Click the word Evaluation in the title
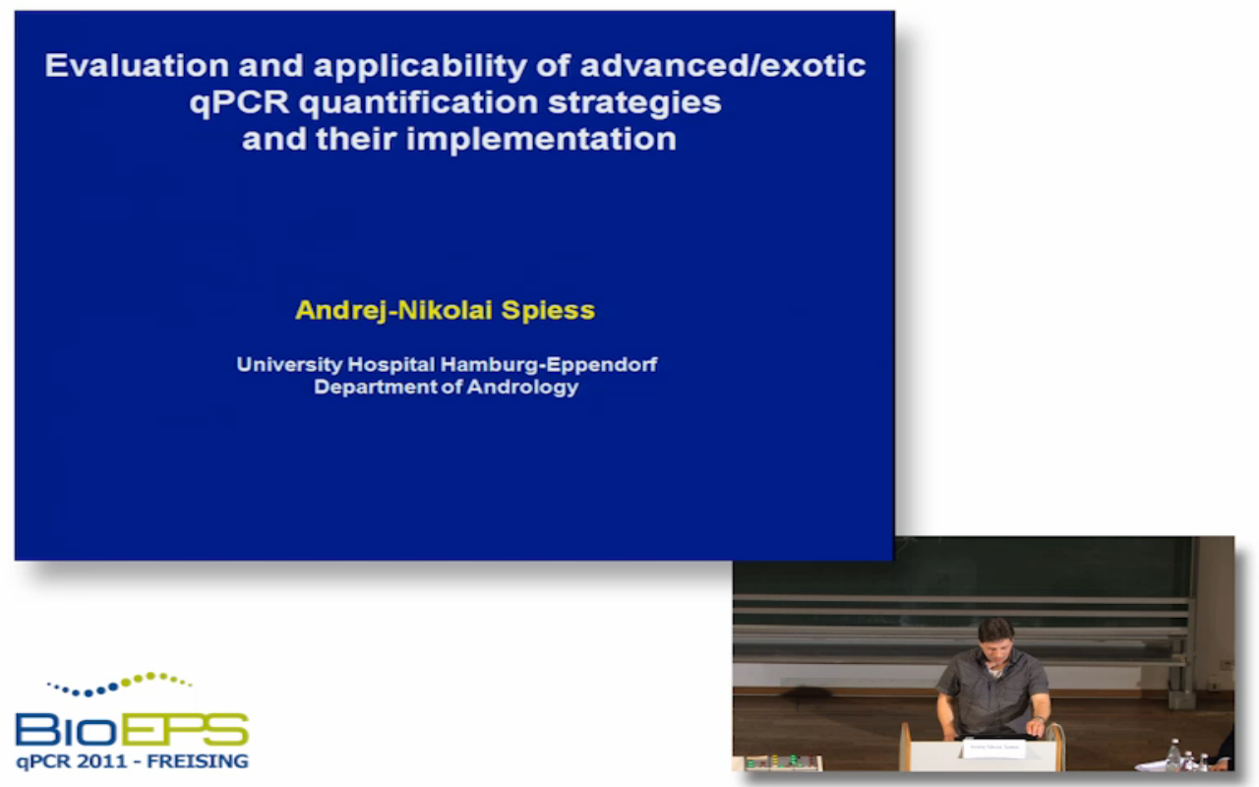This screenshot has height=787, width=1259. pyautogui.click(x=137, y=65)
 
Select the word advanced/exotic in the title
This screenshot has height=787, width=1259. pyautogui.click(x=723, y=65)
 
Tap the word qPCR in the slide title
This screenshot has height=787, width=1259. pyautogui.click(x=239, y=103)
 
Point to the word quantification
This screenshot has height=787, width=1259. pyautogui.click(x=419, y=102)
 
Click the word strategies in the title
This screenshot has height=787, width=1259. pyautogui.click(x=634, y=103)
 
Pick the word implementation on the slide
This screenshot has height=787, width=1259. pyautogui.click(x=541, y=140)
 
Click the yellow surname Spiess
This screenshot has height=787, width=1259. pyautogui.click(x=548, y=311)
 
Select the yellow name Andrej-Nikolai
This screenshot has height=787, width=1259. pyautogui.click(x=394, y=310)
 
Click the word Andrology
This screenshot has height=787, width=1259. pyautogui.click(x=522, y=388)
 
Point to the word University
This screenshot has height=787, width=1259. pyautogui.click(x=289, y=365)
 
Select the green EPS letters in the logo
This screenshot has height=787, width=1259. pyautogui.click(x=183, y=730)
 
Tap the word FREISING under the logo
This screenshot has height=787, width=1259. pyautogui.click(x=198, y=761)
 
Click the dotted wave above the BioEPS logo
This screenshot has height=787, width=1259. pyautogui.click(x=120, y=684)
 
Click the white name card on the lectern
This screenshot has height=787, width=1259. pyautogui.click(x=993, y=748)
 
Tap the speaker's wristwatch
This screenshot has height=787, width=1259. pyautogui.click(x=1039, y=719)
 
